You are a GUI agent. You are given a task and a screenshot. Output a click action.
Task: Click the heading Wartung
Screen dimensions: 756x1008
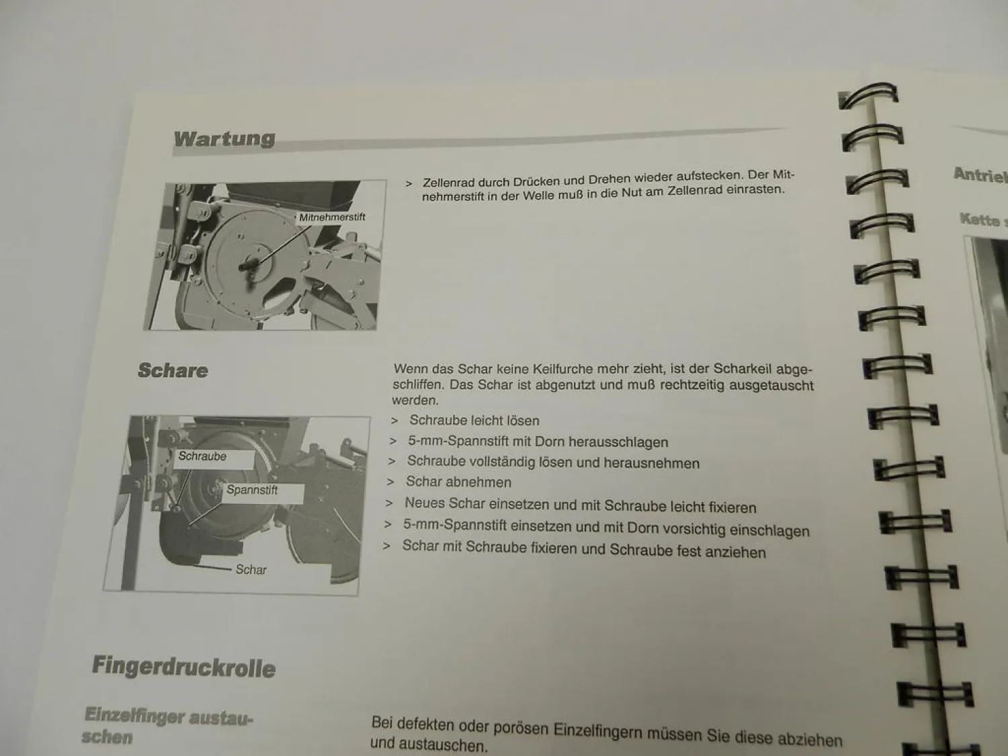point(224,138)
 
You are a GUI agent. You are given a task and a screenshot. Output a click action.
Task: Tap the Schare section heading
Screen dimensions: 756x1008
point(173,370)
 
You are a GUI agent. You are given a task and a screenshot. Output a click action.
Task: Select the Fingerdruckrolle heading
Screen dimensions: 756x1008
point(183,667)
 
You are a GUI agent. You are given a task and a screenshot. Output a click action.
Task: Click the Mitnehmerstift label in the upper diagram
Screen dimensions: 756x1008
point(332,217)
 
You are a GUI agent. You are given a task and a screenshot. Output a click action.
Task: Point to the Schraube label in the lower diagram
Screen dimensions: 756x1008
point(202,456)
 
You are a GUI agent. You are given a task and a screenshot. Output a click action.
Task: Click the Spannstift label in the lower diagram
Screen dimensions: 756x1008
point(252,490)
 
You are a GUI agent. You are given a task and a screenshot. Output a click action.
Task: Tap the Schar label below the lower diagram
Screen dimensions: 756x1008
point(251,570)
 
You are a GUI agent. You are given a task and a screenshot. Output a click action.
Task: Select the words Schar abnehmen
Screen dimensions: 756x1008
point(458,482)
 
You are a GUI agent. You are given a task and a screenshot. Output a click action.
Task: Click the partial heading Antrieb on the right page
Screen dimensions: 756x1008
point(980,176)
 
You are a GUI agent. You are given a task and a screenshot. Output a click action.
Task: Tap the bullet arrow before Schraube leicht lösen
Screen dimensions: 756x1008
point(394,421)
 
